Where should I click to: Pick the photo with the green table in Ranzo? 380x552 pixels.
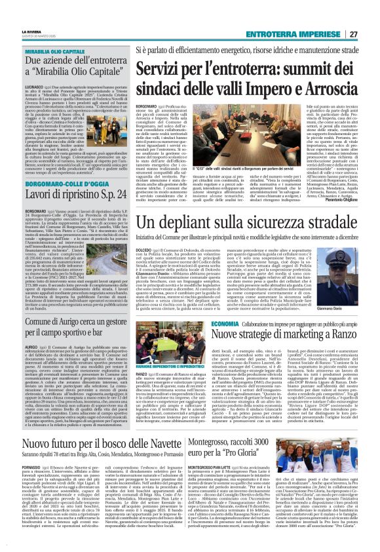(165, 349)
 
